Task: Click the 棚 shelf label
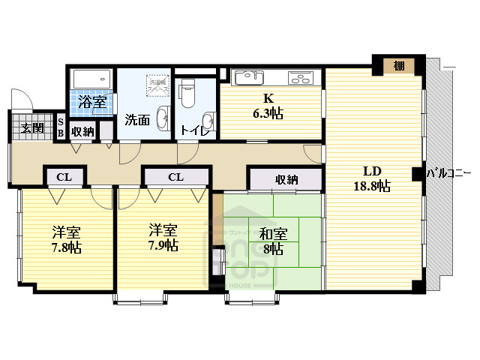[399, 66]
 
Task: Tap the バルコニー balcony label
[448, 173]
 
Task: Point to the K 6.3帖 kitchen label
[267, 106]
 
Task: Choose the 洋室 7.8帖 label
[66, 238]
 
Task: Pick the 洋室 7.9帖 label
[162, 238]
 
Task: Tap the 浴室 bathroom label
[92, 103]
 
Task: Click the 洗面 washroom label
[137, 120]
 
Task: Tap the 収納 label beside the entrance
[82, 131]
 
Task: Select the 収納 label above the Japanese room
[286, 179]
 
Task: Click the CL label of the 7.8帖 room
[64, 177]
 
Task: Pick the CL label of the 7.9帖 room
[175, 177]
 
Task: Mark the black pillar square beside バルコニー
[416, 174]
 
